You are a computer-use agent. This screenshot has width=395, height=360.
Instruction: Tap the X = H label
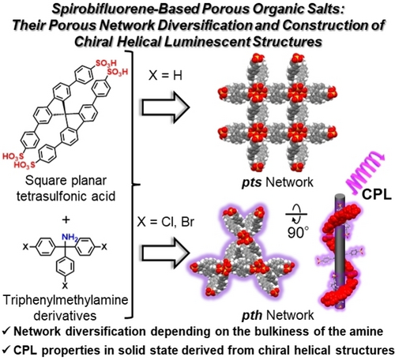tap(165, 76)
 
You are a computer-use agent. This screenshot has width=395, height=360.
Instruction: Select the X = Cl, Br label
tap(166, 222)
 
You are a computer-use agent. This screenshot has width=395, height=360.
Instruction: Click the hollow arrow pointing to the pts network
tap(166, 107)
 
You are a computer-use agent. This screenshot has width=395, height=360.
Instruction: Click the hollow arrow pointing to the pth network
tap(166, 253)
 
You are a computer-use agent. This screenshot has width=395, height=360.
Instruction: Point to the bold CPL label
tap(377, 194)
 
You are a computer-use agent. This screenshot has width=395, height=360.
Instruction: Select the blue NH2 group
tap(70, 238)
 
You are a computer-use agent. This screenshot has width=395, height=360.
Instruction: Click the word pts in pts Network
tap(251, 182)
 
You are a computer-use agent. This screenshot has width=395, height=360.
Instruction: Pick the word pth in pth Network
tap(252, 315)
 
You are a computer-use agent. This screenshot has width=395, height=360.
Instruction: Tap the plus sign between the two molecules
tap(66, 219)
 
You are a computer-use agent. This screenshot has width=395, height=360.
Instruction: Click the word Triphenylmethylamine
tap(66, 300)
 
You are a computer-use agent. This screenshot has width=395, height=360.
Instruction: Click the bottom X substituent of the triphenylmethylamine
tap(65, 285)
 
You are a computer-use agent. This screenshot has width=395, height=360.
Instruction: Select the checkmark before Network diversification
tap(6, 332)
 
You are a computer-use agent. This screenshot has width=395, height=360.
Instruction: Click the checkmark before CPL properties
tap(6, 351)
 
